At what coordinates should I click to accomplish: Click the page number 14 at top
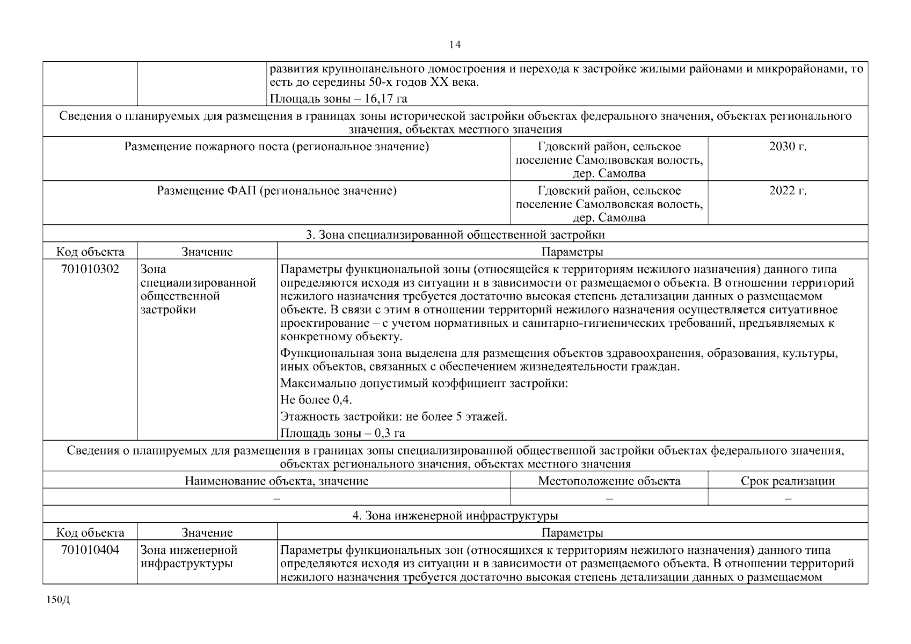(455, 45)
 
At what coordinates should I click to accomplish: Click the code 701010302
(90, 269)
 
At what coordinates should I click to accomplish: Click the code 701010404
(90, 550)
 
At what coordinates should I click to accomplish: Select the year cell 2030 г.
(788, 147)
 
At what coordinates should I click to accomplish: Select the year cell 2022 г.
(788, 191)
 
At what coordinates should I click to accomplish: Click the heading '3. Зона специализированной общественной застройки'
(455, 235)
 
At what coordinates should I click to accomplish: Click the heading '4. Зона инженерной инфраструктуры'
(455, 516)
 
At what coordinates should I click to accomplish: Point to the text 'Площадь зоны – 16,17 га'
(338, 98)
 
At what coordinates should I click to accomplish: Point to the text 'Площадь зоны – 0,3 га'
(342, 433)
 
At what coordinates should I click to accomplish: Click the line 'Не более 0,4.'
(316, 400)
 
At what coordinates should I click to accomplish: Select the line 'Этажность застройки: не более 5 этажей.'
(393, 416)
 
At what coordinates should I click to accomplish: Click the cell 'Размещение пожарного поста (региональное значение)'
(276, 147)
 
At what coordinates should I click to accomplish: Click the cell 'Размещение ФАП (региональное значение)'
(276, 191)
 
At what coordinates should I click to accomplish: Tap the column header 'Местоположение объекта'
(609, 481)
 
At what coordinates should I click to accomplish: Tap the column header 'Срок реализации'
(788, 481)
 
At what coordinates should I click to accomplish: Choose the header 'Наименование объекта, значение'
(276, 481)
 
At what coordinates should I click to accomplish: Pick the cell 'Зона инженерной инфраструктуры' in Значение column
(188, 557)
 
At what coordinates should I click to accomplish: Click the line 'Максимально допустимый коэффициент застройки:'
(424, 383)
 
